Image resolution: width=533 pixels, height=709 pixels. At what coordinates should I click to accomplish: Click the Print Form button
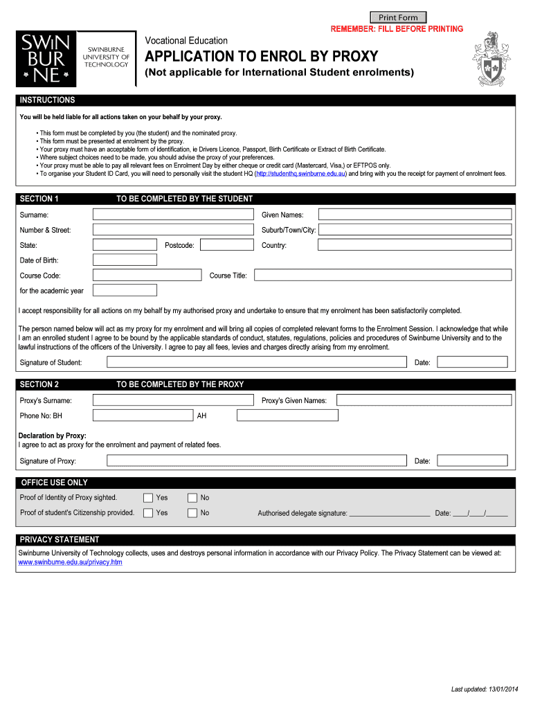(x=398, y=17)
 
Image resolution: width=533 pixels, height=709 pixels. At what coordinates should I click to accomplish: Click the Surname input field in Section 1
(x=173, y=215)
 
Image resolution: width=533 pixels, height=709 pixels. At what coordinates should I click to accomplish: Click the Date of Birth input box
(x=125, y=260)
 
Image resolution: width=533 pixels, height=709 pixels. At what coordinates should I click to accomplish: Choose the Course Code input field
(x=146, y=276)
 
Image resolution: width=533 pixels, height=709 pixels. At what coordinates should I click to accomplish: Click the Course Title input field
(x=383, y=276)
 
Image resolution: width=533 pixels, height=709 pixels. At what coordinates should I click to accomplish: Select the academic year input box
(x=125, y=291)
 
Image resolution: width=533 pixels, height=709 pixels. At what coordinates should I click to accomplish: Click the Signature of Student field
(x=256, y=362)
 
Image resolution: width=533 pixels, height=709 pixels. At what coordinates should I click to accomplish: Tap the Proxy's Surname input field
(x=173, y=400)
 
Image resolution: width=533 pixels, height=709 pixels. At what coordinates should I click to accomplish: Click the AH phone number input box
(x=287, y=415)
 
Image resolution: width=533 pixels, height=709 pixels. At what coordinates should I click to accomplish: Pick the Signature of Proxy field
(x=256, y=461)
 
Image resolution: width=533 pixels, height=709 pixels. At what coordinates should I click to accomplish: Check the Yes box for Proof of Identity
(x=148, y=498)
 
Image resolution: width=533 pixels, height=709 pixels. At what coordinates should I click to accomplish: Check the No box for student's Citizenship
(x=192, y=513)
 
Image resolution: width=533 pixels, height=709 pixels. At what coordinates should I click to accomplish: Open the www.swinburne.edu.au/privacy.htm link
(x=70, y=562)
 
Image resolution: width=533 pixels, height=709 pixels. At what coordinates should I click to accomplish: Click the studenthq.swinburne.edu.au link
(x=300, y=174)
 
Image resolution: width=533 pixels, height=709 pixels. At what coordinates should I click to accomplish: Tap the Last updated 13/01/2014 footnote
(x=484, y=690)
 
